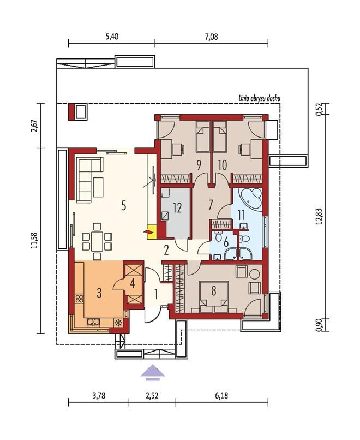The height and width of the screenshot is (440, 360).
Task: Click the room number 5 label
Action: pos(124,206)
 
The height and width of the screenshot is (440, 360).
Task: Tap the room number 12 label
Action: pos(177,208)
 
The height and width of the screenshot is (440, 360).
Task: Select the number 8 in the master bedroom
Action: pos(214,291)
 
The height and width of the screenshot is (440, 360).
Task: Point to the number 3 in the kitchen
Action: pos(99,293)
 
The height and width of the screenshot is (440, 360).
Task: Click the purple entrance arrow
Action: pos(153,372)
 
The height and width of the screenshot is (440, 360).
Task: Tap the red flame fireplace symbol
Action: pos(148,232)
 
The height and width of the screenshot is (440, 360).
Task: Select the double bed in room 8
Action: pos(214,298)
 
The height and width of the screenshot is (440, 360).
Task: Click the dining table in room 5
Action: pos(97,241)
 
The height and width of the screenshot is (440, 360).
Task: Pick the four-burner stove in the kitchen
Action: pos(79,298)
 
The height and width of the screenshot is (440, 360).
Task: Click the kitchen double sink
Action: pos(94,323)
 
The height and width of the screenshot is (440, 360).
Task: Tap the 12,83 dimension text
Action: pos(319,216)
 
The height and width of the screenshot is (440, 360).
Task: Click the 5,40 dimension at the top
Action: pos(112,37)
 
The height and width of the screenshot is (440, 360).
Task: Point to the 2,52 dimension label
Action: pos(152,396)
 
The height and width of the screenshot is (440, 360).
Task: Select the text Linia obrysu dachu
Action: pos(259,98)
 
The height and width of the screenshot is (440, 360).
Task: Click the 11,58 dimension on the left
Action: pos(34,240)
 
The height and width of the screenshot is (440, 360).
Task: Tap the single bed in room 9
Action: pos(202,136)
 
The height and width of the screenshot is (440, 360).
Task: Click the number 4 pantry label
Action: pos(133,283)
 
